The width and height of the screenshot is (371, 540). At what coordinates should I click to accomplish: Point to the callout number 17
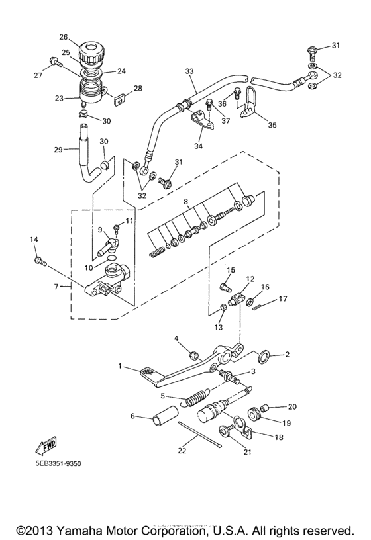coord(283,298)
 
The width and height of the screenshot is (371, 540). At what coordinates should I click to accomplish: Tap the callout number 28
coord(138,87)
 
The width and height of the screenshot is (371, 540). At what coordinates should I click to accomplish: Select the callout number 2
coord(287,355)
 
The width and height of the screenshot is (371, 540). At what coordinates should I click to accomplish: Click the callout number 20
coord(292,406)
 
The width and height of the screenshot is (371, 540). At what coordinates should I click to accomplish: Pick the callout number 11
coord(130,220)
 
